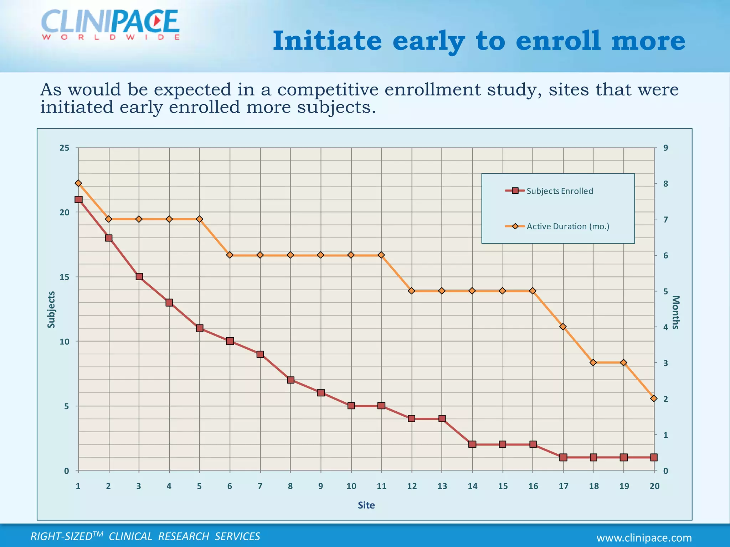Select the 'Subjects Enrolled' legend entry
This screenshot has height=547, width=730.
coord(560,191)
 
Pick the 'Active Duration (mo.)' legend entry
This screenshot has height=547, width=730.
coord(568,226)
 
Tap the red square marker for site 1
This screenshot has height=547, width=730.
coord(78,199)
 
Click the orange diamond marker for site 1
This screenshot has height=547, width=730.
coord(78,183)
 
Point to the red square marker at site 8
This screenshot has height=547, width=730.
coord(291,380)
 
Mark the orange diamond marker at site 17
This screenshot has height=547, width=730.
coord(563,327)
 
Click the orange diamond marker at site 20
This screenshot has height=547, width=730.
coord(654,398)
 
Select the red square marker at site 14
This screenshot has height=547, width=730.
coord(472,444)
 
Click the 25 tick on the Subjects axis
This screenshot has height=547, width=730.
coord(65,148)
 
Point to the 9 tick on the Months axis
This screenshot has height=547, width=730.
coord(665,148)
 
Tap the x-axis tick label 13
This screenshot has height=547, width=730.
coord(442,486)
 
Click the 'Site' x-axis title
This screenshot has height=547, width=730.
coord(366,505)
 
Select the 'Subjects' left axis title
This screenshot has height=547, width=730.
coord(51,309)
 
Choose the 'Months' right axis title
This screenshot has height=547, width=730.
coord(676,312)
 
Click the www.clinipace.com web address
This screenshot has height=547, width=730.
coord(644,538)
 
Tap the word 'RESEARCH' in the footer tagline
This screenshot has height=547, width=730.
coord(184,536)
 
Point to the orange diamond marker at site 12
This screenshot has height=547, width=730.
coord(412,291)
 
